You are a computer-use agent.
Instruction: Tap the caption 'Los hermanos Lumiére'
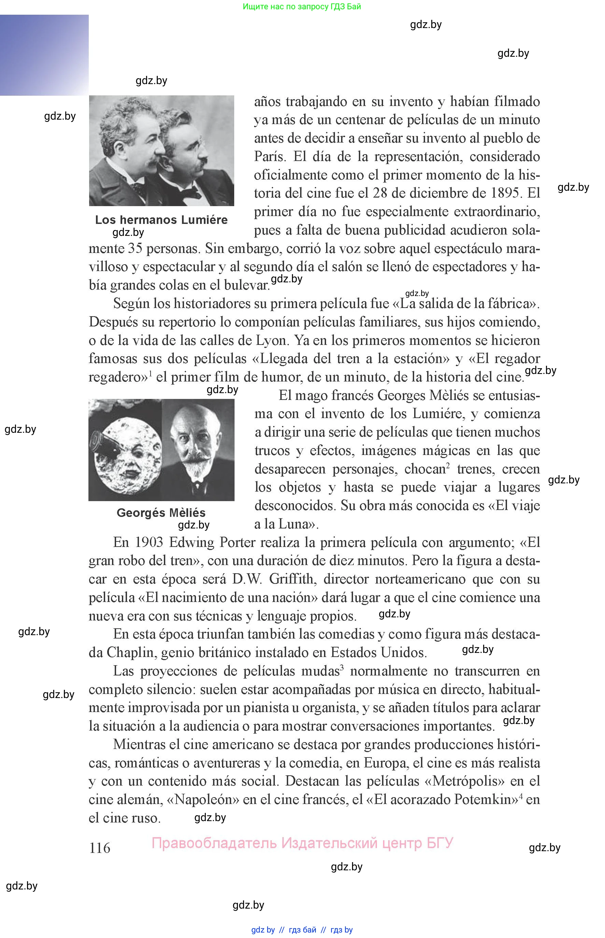coord(161,219)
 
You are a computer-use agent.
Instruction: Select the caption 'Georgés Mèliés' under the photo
coord(161,512)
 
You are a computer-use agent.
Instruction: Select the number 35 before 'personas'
coord(135,249)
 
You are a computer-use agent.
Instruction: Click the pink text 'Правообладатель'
coord(214,843)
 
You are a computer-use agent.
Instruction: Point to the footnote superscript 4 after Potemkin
coord(521,796)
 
